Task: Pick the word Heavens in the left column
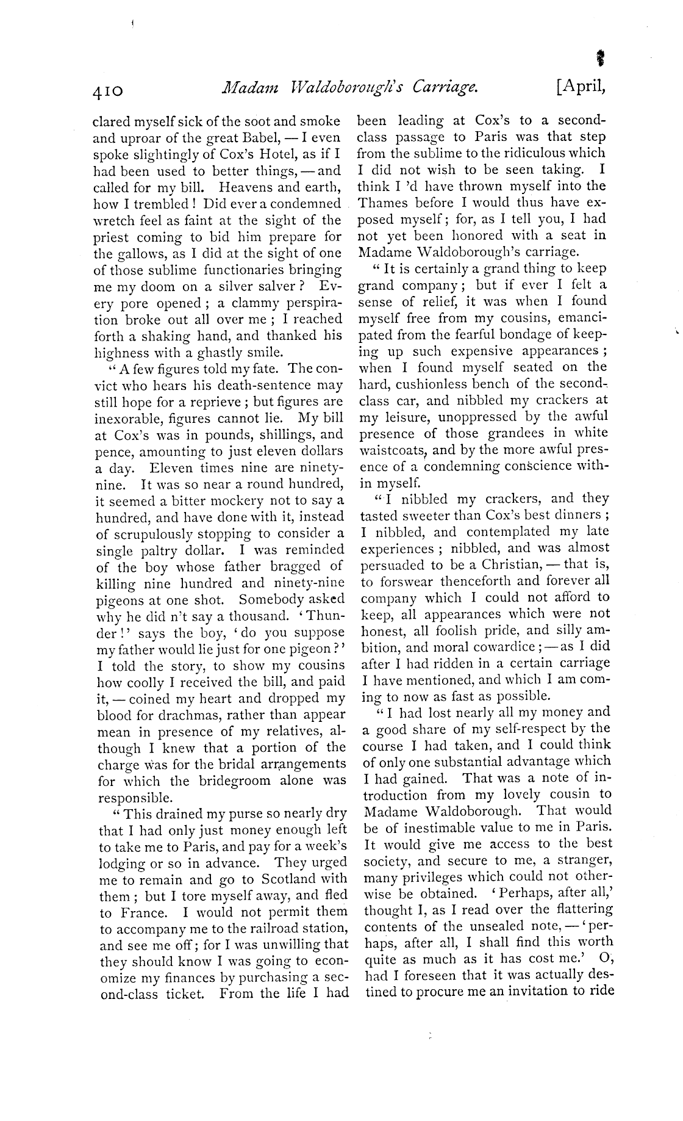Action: pos(248,187)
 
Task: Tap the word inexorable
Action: pos(127,419)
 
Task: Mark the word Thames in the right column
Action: pos(383,203)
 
